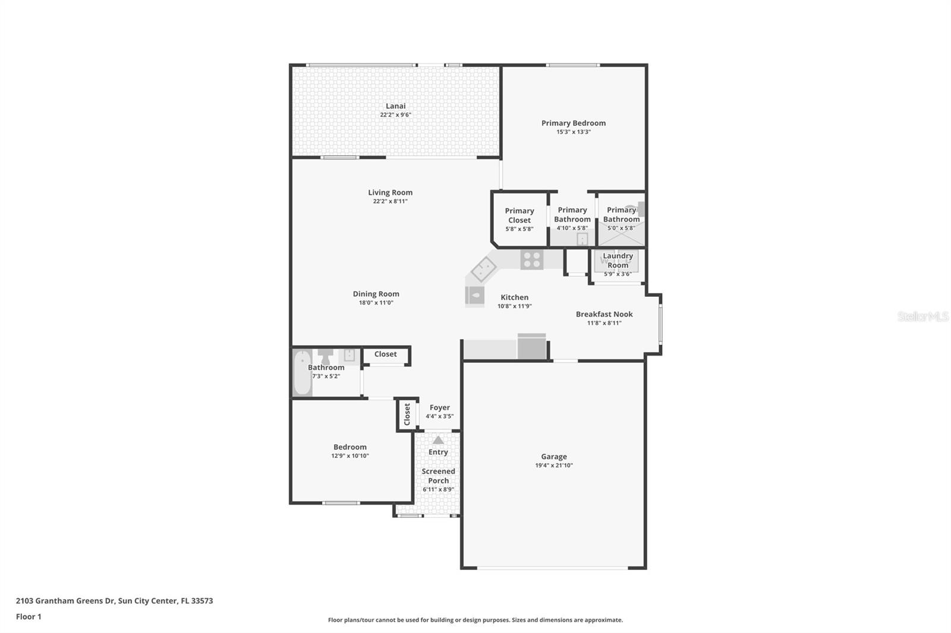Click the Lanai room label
395,106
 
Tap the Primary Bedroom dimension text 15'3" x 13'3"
573,132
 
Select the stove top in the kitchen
531,259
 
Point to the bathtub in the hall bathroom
302,373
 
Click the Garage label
553,457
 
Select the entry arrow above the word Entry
438,440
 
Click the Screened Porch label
438,476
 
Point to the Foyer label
439,407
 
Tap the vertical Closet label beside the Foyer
407,414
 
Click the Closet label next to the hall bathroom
385,354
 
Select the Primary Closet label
519,215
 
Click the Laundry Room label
618,260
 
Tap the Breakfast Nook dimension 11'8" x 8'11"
604,323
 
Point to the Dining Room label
376,294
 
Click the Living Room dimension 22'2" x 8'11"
390,201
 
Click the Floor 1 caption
29,616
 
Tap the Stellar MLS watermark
922,316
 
